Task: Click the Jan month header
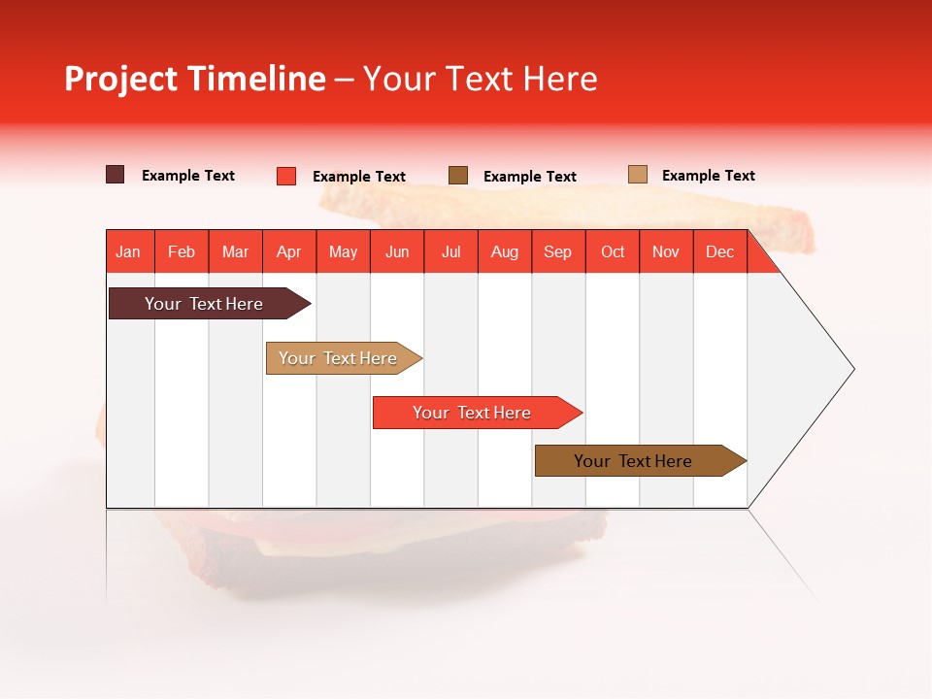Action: (x=128, y=252)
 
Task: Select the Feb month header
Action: (x=182, y=252)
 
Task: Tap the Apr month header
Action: (x=288, y=252)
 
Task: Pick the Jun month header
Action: (x=397, y=252)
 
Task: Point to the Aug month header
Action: (x=504, y=252)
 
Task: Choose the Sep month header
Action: (x=557, y=252)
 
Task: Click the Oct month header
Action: (x=613, y=252)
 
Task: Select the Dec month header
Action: (x=719, y=252)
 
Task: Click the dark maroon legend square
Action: (x=116, y=175)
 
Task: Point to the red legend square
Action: (x=286, y=176)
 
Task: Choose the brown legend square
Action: (x=458, y=175)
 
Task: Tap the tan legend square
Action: (x=638, y=175)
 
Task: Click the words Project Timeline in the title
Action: (x=194, y=79)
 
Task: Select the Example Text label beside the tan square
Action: (x=708, y=176)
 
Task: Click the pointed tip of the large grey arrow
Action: (x=851, y=369)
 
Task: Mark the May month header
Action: (x=343, y=252)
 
